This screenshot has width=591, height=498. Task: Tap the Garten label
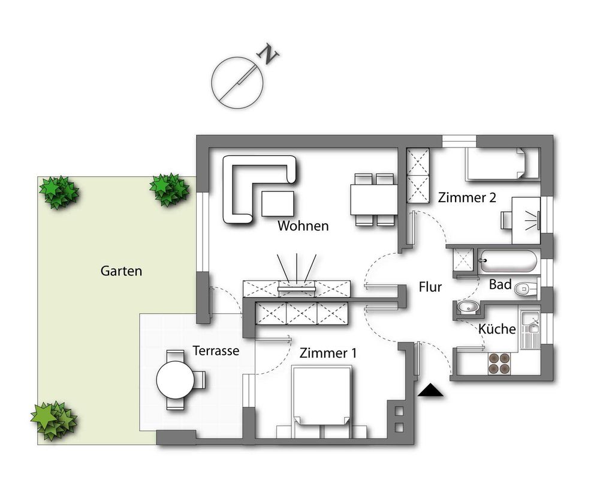coord(121,271)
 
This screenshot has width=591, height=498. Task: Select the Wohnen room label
coord(303,226)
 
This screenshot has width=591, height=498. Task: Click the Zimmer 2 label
coord(467,197)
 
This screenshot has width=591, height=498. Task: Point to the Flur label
coord(430,287)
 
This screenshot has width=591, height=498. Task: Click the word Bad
coord(500,284)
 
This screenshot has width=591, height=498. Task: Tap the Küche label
coord(497,329)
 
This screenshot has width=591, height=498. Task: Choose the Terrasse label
coord(216,351)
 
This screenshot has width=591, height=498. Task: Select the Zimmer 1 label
coord(328,353)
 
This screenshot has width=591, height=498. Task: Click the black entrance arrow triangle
coord(430,391)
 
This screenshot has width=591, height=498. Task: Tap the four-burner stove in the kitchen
coord(499,364)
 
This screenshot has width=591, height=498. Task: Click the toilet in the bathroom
coord(526,289)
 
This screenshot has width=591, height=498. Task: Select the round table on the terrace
coord(175,380)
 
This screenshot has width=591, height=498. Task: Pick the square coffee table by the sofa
coord(278,204)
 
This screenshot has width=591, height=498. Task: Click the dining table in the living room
coord(373,200)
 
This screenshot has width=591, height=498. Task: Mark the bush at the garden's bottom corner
coord(53,421)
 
